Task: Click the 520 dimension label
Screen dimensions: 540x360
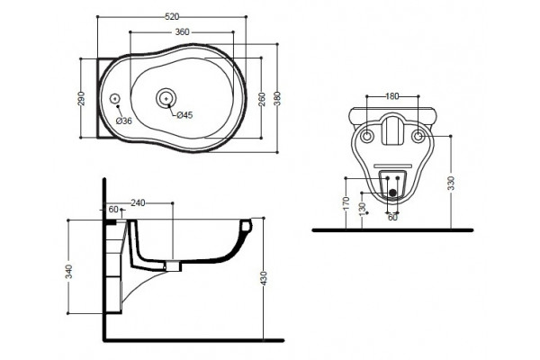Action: (x=172, y=16)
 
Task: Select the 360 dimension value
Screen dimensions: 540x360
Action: (x=182, y=32)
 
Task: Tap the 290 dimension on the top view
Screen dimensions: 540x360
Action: (x=81, y=98)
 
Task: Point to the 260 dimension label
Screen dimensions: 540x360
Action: (x=262, y=99)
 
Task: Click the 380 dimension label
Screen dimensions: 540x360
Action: (x=277, y=98)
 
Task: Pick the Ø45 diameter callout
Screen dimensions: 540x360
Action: (x=184, y=115)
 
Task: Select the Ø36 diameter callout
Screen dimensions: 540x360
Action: (x=124, y=121)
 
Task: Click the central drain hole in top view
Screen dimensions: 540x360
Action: (x=166, y=98)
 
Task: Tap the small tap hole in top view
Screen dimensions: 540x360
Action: (x=115, y=99)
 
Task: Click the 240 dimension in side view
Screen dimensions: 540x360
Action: (x=138, y=203)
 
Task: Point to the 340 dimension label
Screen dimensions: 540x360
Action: (x=69, y=271)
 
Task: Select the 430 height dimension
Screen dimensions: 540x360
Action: (x=264, y=278)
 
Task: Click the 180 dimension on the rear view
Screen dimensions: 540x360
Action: (x=391, y=96)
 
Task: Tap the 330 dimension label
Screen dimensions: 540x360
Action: (x=452, y=183)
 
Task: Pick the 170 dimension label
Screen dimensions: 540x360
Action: (x=346, y=203)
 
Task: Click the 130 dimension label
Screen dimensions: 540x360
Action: (x=362, y=210)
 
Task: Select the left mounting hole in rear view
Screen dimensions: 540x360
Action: (x=366, y=137)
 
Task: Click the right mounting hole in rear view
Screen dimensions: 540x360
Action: (x=418, y=137)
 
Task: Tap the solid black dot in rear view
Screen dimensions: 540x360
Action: (x=392, y=193)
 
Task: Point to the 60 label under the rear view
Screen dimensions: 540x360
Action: (x=392, y=218)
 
